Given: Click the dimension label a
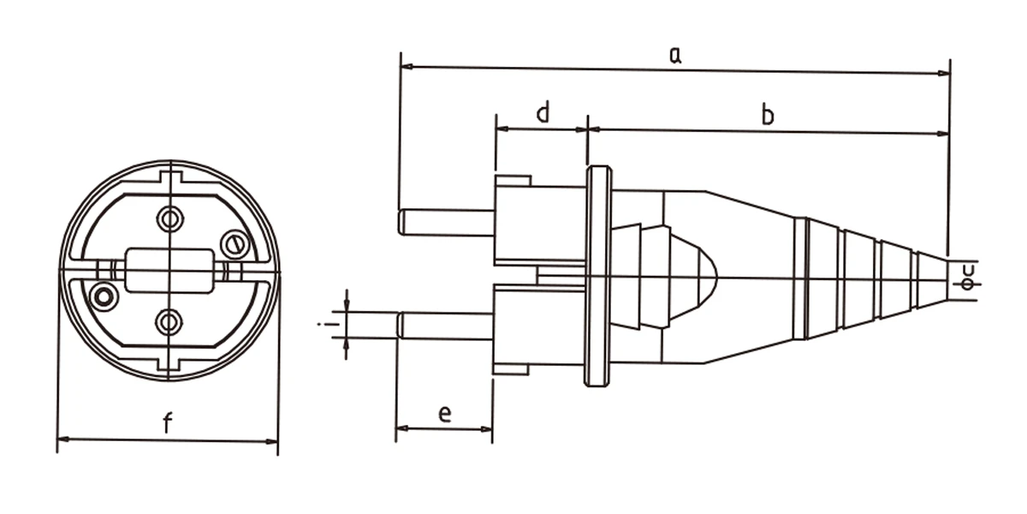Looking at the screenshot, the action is click(675, 55).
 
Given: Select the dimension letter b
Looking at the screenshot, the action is click(768, 115).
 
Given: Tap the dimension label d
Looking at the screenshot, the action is click(543, 112).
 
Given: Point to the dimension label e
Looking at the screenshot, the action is click(445, 414).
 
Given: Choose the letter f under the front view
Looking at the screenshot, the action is click(168, 422).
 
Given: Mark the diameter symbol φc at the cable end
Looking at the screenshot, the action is click(967, 278).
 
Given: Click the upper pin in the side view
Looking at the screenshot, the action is click(446, 223).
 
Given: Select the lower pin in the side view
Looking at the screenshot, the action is click(445, 326).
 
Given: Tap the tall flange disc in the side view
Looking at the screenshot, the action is click(598, 276).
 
